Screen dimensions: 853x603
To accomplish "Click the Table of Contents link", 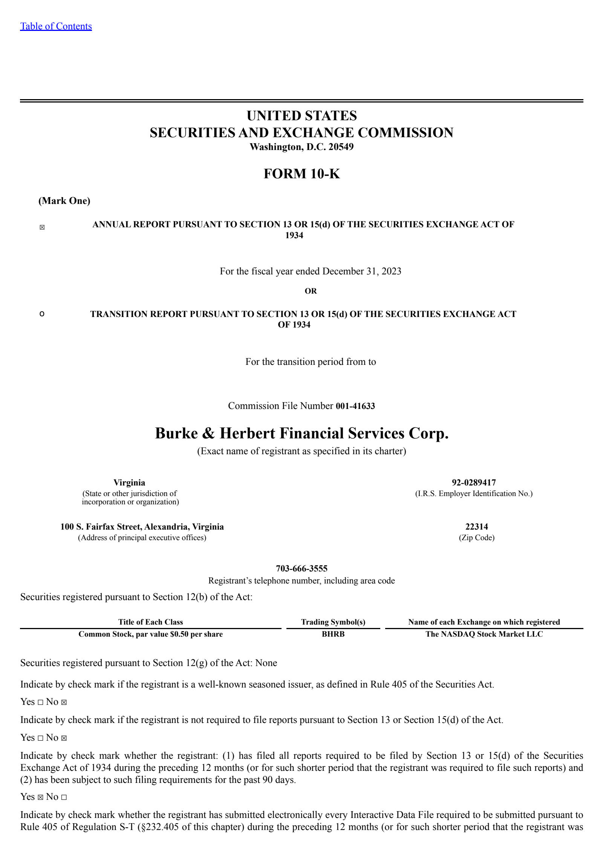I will (56, 26).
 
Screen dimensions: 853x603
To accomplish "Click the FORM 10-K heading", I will (301, 173).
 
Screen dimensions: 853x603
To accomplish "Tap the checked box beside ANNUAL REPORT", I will (42, 227).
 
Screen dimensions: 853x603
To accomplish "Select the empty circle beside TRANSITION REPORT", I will (42, 314).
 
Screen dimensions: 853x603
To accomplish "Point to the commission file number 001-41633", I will (355, 406).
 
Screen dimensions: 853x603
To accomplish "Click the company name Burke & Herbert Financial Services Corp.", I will (301, 433).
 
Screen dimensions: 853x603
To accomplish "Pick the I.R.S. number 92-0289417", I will (474, 482).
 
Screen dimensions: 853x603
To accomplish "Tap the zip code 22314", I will (476, 527).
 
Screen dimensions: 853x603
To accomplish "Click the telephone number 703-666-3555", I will (301, 568).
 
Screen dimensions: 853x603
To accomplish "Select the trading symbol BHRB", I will (333, 634).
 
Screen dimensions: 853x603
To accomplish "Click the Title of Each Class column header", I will (150, 622).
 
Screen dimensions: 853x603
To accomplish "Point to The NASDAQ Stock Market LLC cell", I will (484, 634).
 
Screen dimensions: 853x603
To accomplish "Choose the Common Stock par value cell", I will (150, 634).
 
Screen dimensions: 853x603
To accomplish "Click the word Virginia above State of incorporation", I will (129, 482).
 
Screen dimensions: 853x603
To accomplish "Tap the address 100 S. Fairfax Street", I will (142, 527).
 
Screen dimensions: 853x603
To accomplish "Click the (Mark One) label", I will (64, 201).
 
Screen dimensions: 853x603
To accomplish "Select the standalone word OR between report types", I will (311, 291).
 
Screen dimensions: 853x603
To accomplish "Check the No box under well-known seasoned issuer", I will (64, 702).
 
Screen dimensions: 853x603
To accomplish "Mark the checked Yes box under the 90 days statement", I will (40, 797).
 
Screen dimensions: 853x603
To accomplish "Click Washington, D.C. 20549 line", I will (301, 147).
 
